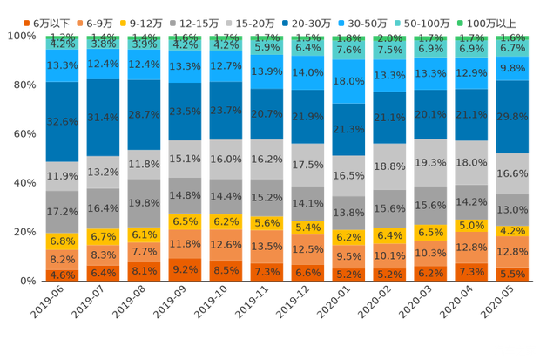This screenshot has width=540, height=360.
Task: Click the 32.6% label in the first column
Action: coord(62,122)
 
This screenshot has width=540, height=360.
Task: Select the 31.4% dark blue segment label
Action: coord(104,118)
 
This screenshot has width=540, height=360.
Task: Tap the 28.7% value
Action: coord(145,115)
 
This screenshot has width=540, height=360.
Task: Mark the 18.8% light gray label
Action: coord(390,166)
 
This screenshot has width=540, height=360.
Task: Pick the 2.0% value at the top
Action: coord(390,38)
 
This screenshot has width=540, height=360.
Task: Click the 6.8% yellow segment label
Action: coord(62,241)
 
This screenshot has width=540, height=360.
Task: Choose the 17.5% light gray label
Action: coord(308,165)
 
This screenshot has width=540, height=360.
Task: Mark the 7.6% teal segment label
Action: coord(349,50)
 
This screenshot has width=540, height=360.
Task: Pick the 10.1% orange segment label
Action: coord(390,256)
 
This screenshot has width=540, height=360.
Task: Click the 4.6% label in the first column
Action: coord(62,275)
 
